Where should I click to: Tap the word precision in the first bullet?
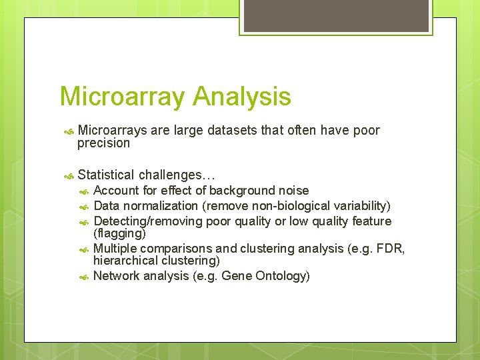(103, 143)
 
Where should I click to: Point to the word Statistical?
(106, 175)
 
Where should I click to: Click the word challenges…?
(177, 175)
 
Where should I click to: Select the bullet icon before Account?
(84, 191)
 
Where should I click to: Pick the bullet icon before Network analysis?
(84, 277)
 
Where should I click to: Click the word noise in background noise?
(293, 191)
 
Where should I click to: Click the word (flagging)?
(119, 233)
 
